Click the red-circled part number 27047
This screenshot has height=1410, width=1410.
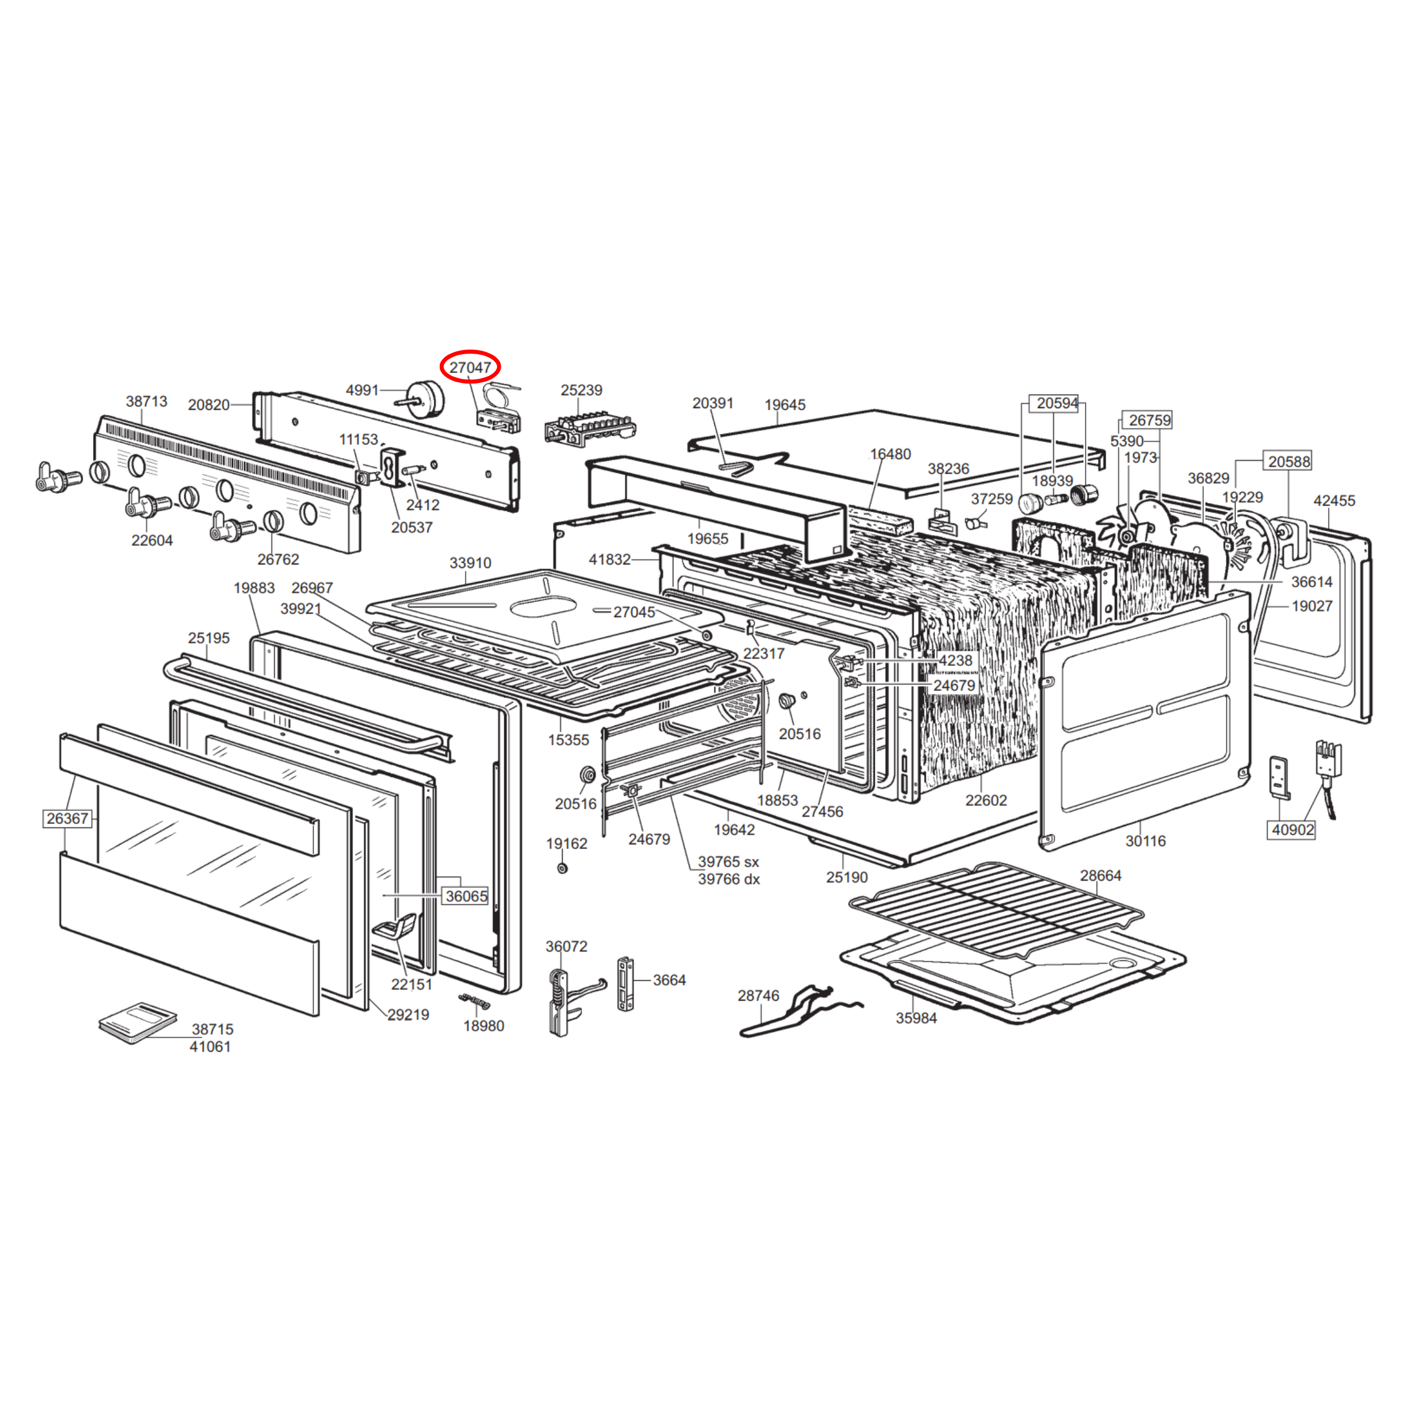(470, 368)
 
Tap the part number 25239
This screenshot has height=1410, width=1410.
(581, 391)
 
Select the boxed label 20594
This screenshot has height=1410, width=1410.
(1057, 403)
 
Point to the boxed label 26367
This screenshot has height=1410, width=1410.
(67, 819)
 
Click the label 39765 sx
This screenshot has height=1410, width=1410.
(728, 862)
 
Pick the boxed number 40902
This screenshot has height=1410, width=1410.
(1292, 830)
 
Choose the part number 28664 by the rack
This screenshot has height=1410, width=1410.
(1101, 876)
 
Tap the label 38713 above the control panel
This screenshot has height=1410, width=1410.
(147, 402)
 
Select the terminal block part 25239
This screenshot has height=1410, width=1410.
(590, 430)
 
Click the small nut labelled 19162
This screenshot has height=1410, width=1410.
(562, 868)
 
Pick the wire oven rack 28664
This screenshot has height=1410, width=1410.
(997, 910)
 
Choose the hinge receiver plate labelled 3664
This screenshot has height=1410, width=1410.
(625, 984)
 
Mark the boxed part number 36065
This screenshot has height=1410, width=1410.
(466, 896)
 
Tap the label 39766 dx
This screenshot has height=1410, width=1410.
(728, 879)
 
